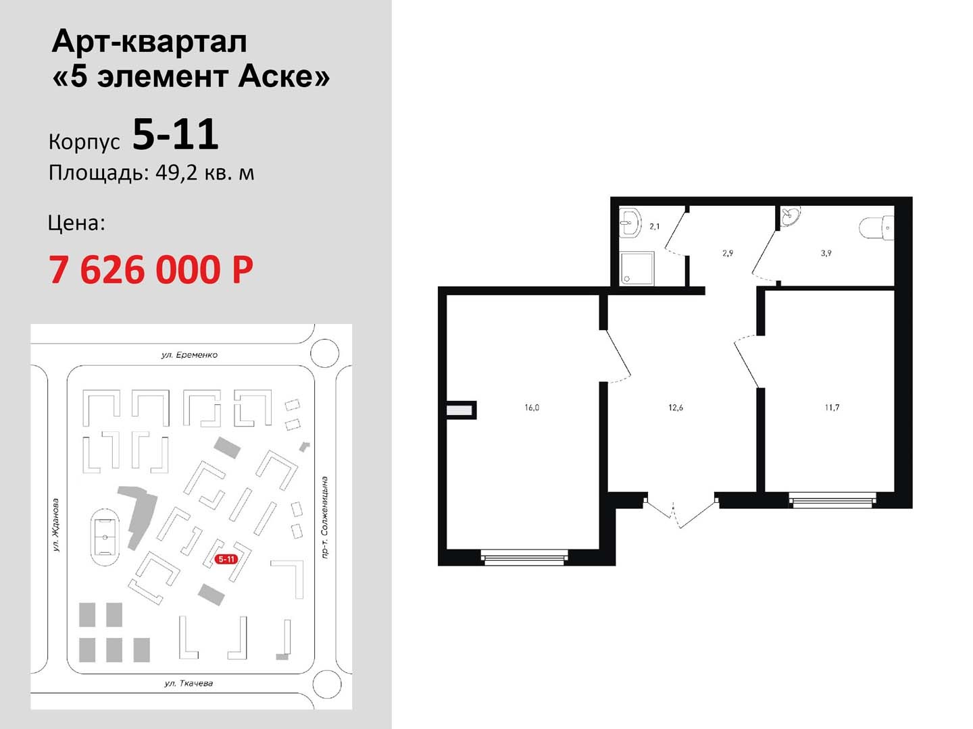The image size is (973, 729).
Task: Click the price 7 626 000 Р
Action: tap(151, 269)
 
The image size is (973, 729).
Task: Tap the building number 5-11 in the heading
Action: tap(176, 134)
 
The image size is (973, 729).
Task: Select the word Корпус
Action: tap(84, 142)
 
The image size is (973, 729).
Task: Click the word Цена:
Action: tap(76, 223)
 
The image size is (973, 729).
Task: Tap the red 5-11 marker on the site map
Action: tap(226, 559)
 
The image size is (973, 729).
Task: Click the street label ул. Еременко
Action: tap(189, 354)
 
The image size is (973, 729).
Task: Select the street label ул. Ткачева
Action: tap(189, 683)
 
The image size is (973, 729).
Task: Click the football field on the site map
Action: tap(105, 537)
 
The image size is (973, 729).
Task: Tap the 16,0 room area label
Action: tap(532, 408)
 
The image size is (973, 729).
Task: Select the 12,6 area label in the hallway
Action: tap(676, 408)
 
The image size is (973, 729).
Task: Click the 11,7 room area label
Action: tap(832, 408)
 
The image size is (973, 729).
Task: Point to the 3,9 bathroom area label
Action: tap(826, 253)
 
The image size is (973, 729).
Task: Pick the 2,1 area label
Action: tap(654, 227)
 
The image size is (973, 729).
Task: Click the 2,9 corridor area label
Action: tap(728, 253)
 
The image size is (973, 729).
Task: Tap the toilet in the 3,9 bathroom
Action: tap(876, 228)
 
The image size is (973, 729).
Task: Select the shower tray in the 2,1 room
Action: tap(637, 268)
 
